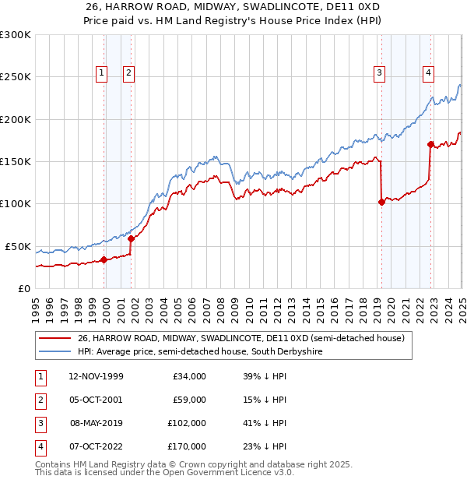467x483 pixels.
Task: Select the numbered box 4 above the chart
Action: click(x=428, y=73)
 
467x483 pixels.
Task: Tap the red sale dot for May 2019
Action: click(x=381, y=203)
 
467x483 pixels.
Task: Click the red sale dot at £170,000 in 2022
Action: click(x=430, y=144)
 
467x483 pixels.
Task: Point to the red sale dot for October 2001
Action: click(x=131, y=238)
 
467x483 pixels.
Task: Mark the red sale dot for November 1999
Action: click(x=104, y=259)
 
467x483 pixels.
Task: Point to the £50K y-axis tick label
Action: click(x=18, y=246)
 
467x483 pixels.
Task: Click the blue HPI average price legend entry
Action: click(x=200, y=352)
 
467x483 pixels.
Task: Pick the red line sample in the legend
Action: click(x=54, y=339)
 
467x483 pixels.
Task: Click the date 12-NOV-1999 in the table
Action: click(x=95, y=376)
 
